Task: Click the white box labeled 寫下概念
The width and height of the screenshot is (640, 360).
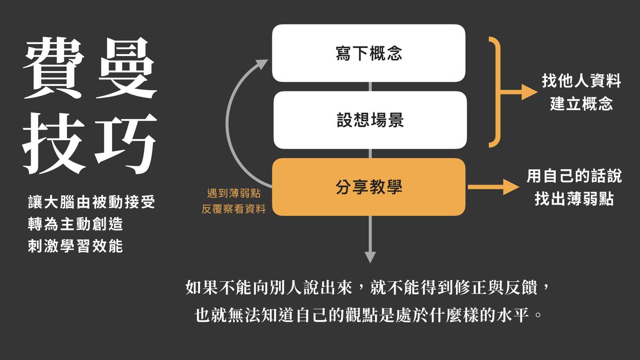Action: coord(368,53)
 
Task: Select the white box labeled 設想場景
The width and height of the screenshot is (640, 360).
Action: coord(370,120)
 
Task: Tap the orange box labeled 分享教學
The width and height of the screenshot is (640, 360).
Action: coord(368,187)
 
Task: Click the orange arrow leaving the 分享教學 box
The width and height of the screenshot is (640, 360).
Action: coord(493,187)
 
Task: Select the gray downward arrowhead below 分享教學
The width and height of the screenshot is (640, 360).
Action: coord(370,257)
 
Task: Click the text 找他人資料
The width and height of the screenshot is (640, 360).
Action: coord(581,81)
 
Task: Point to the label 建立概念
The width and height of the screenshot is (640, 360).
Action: coord(581,104)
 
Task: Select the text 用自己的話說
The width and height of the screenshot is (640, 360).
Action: coord(574,176)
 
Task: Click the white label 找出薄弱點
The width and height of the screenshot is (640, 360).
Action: coord(574,199)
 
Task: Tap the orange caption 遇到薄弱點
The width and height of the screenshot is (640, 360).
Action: coord(234,194)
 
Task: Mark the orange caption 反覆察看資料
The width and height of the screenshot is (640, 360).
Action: coord(234,209)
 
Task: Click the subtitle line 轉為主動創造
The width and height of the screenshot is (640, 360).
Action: coord(75,224)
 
